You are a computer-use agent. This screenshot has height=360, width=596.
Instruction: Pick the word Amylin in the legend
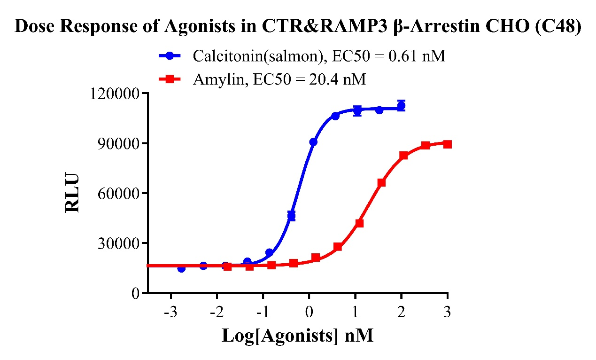pyautogui.click(x=217, y=80)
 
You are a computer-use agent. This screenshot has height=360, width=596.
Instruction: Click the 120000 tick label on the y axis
pyautogui.click(x=114, y=94)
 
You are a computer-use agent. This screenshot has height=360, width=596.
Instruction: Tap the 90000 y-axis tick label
pyautogui.click(x=118, y=143)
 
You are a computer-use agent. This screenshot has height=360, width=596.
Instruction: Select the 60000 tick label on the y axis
pyautogui.click(x=118, y=193)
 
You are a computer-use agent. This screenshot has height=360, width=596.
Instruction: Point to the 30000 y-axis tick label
pyautogui.click(x=118, y=243)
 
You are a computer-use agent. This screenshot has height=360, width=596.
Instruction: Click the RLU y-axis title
pyautogui.click(x=73, y=193)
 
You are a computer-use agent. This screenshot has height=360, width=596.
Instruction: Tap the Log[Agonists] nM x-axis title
pyautogui.click(x=297, y=336)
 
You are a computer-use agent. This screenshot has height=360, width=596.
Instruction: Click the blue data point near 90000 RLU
pyautogui.click(x=313, y=142)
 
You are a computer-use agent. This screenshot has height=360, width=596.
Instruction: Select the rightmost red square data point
pyautogui.click(x=448, y=144)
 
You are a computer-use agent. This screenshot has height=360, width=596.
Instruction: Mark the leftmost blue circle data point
pyautogui.click(x=181, y=268)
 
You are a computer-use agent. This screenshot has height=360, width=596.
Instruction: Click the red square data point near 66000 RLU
pyautogui.click(x=381, y=182)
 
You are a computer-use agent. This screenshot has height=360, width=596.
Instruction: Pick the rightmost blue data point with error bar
pyautogui.click(x=401, y=106)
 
